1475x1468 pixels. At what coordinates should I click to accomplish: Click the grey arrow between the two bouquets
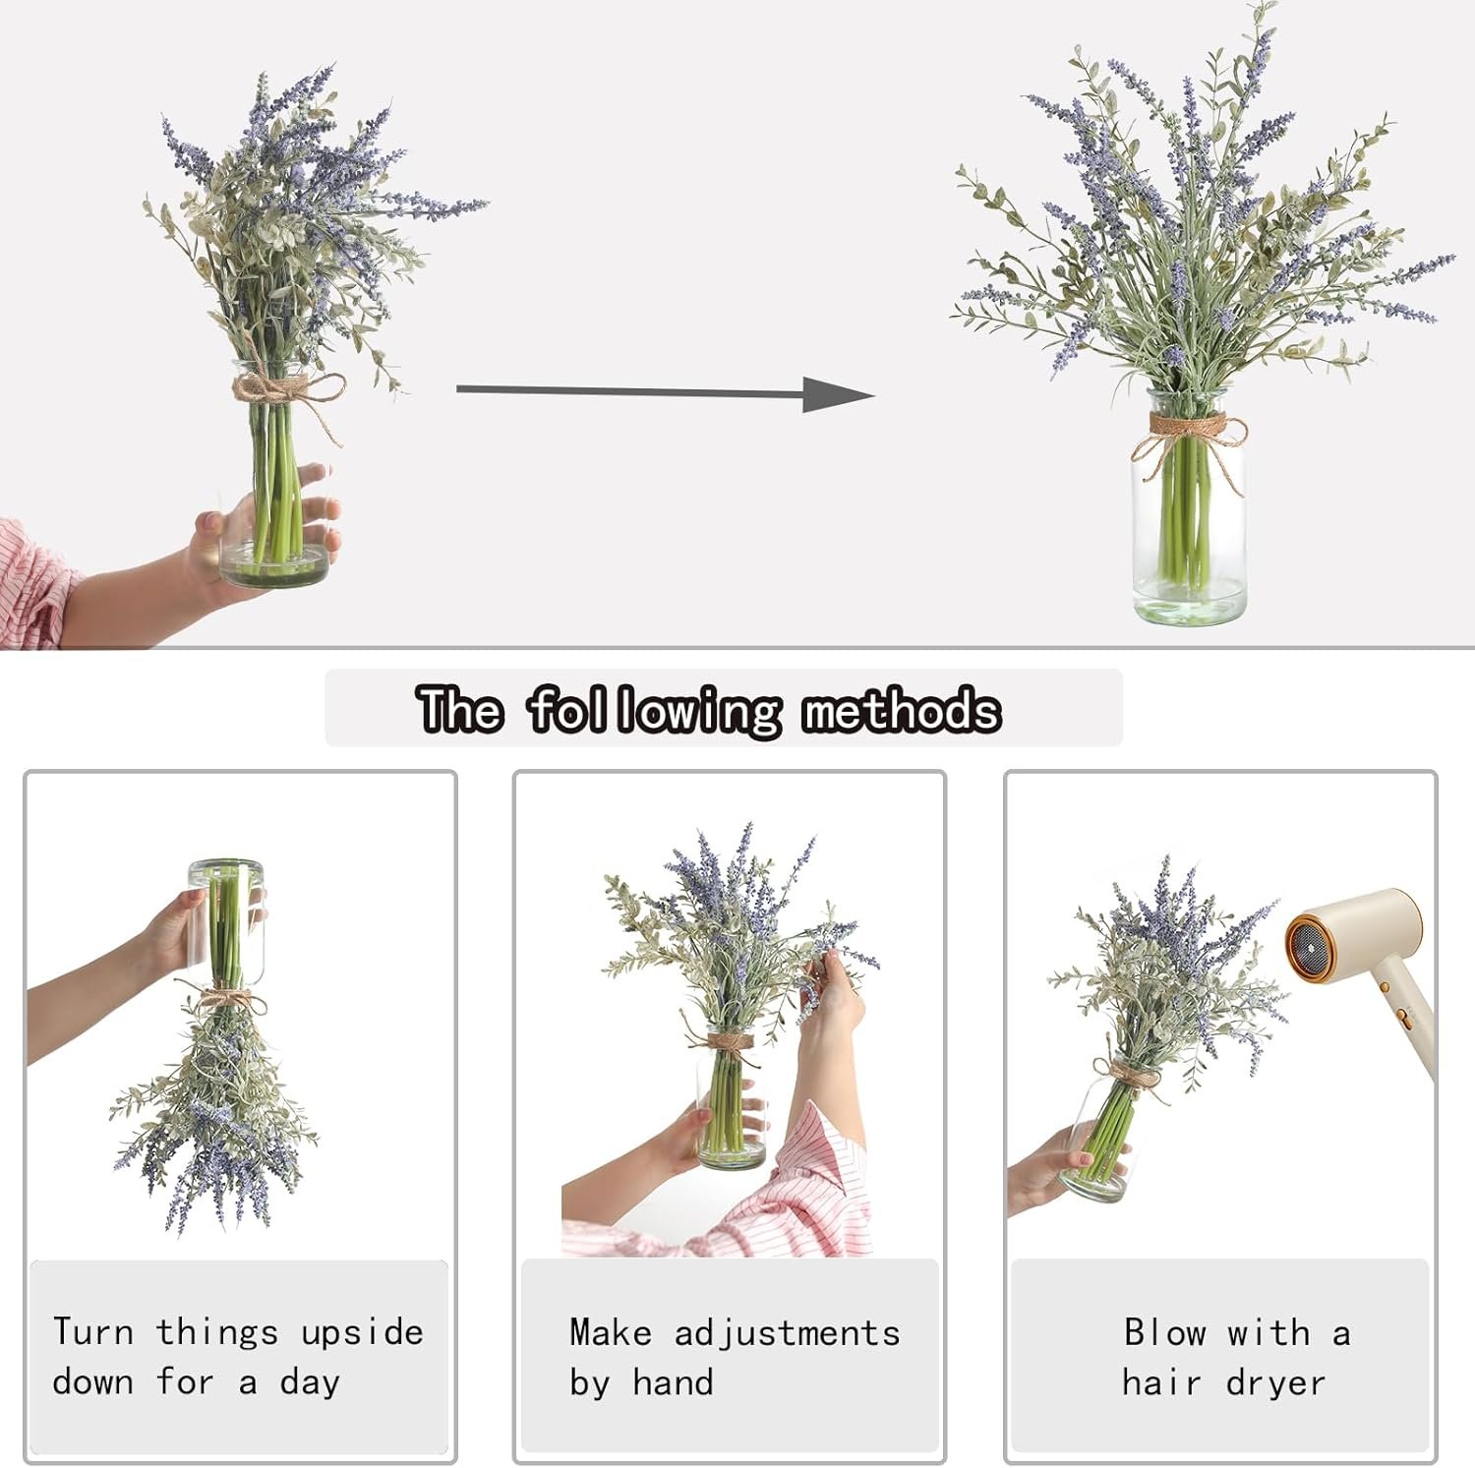(665, 392)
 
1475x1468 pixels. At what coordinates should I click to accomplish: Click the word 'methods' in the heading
(901, 710)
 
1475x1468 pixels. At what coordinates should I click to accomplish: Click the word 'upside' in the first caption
(362, 1333)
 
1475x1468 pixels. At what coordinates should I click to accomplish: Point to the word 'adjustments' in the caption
(787, 1334)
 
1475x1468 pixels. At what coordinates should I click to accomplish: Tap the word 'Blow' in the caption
(1165, 1333)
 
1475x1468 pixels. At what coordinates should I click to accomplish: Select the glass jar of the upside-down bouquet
(225, 921)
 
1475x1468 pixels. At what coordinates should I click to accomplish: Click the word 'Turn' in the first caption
(92, 1332)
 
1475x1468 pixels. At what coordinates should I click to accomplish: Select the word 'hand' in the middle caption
(673, 1383)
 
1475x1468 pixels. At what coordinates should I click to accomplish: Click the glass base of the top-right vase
(1190, 600)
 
